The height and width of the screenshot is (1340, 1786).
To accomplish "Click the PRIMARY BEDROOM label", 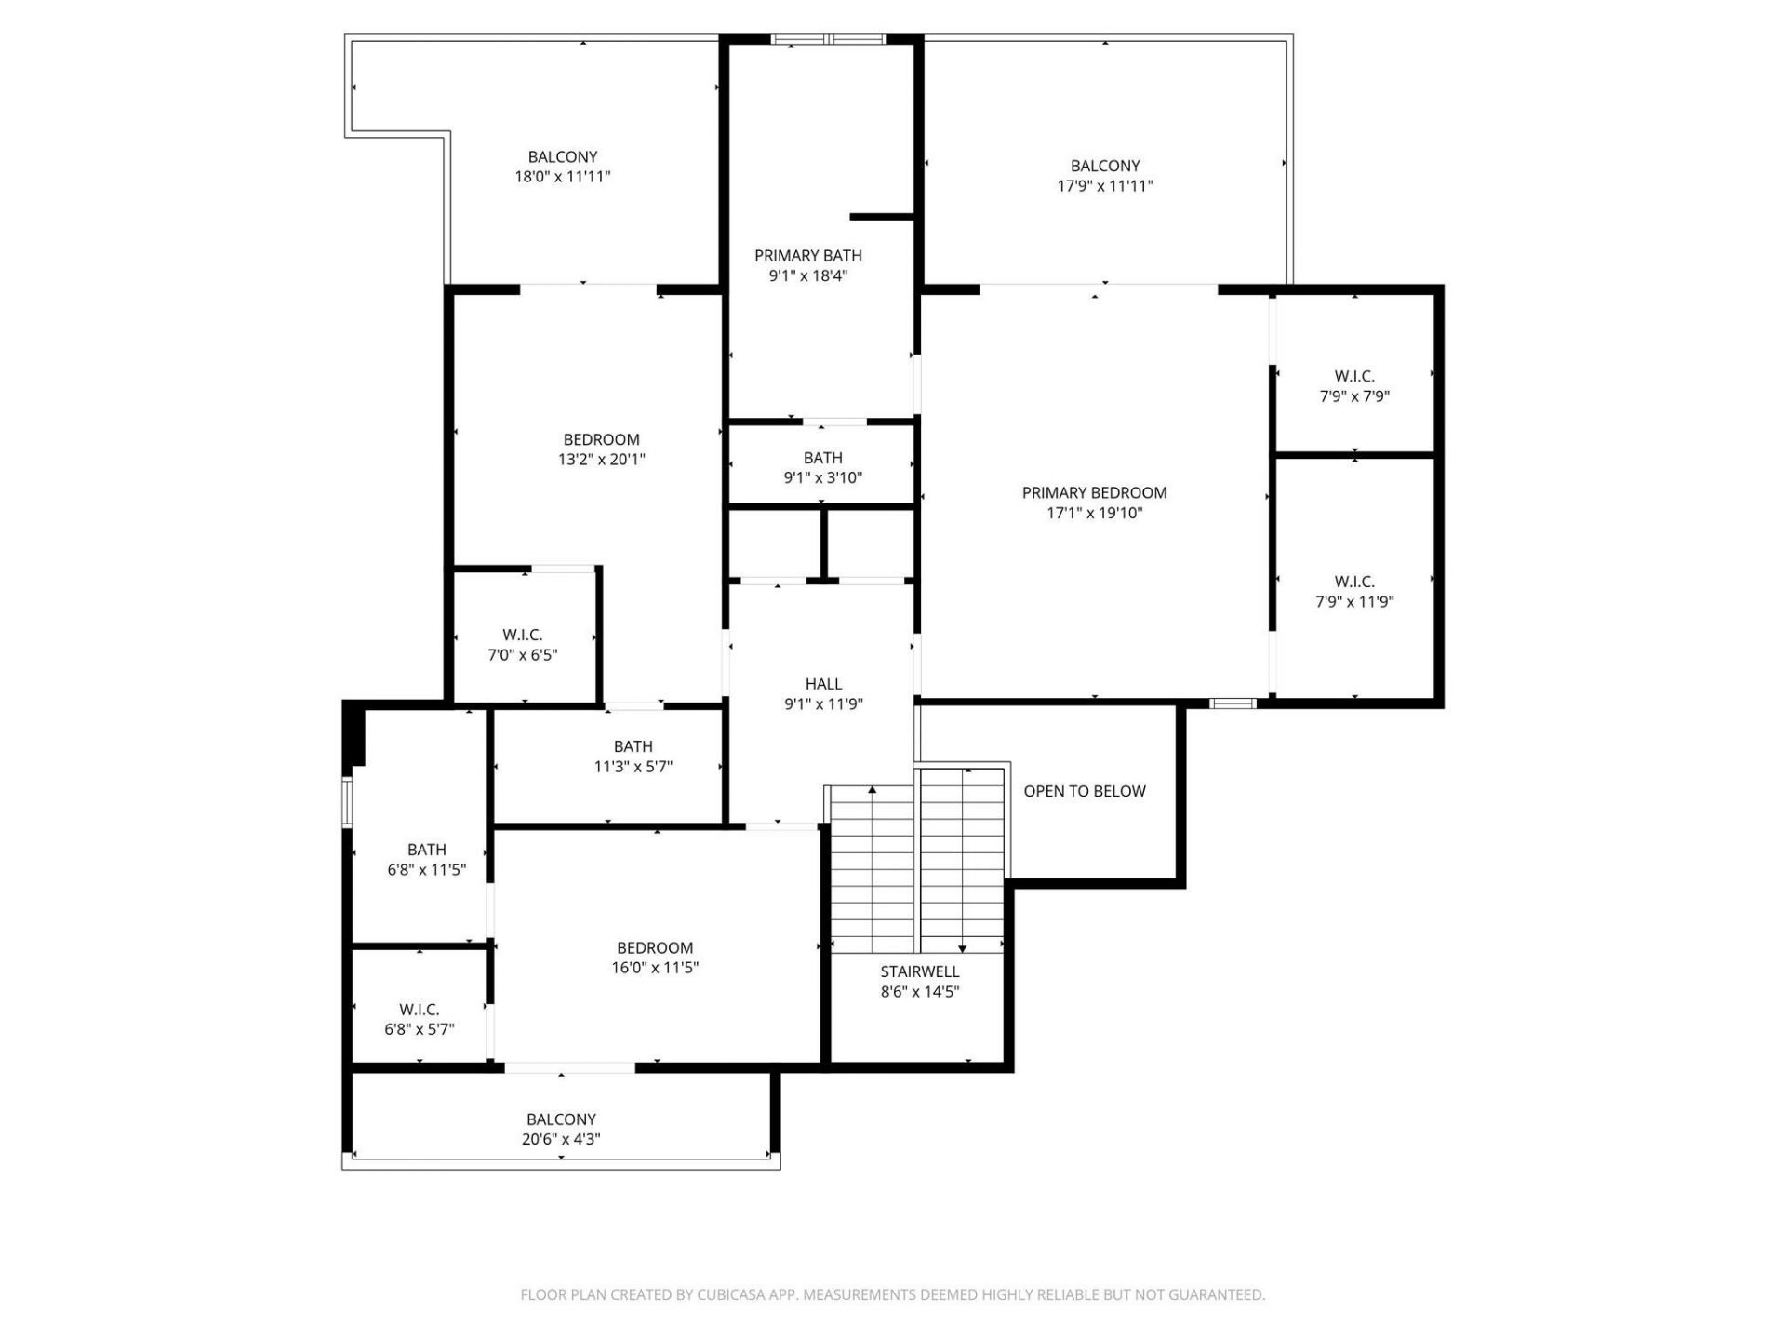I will point(1094,492).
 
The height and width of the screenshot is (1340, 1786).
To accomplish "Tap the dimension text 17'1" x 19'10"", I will point(1094,513).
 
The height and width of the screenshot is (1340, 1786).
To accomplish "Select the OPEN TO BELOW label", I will point(1085,791).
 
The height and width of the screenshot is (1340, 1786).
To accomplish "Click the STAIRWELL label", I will point(919,971).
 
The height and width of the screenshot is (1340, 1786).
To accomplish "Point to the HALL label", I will point(823,684).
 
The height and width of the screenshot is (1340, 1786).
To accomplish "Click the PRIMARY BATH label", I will point(807,255).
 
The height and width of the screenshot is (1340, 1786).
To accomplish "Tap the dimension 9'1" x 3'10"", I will point(822,478).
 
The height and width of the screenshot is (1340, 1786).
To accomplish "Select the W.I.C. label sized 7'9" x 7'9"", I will point(1354,376).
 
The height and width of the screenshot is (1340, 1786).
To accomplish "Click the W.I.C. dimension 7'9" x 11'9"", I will point(1354,602).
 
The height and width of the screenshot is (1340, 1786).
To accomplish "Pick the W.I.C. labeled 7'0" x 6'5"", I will point(522,635).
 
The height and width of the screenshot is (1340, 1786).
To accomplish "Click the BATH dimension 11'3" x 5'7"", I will point(633,767).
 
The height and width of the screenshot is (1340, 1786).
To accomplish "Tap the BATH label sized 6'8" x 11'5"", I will point(426,850).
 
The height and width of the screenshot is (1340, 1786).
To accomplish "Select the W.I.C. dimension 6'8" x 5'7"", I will point(419,1030).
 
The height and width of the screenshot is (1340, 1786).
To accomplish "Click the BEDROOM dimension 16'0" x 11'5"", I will point(654,968).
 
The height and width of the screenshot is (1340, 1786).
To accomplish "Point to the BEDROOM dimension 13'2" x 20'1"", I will point(601,460).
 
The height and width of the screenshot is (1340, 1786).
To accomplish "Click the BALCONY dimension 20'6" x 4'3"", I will point(560,1139).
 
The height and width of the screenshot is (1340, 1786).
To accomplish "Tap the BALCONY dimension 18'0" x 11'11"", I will point(562,177).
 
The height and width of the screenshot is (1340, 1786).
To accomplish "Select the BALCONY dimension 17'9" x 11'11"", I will point(1104,186).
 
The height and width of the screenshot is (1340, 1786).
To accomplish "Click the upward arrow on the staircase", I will point(873,790).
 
